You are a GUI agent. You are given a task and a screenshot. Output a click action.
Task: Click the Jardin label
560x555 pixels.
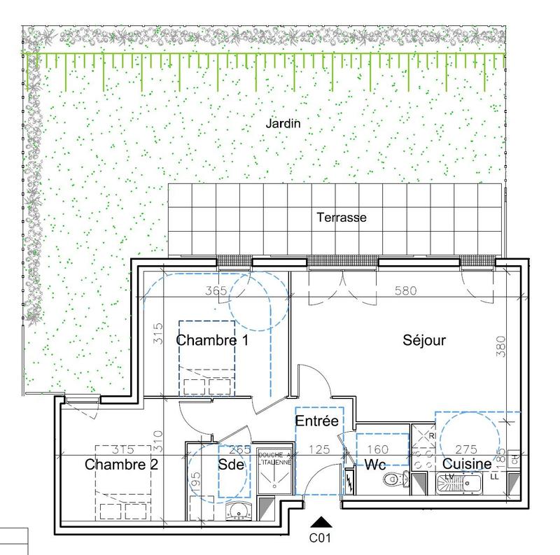coord(283,124)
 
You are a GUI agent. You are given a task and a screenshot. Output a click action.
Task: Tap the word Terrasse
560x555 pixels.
coord(342,218)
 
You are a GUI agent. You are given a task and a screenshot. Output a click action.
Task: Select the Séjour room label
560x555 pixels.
coord(424,341)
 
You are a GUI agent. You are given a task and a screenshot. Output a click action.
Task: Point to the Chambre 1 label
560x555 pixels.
coord(213,341)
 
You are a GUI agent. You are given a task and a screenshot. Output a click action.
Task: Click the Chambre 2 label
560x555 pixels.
coord(122,465)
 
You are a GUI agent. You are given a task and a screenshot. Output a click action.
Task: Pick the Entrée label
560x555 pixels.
coord(317,421)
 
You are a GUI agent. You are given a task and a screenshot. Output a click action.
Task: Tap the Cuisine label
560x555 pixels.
coord(466,464)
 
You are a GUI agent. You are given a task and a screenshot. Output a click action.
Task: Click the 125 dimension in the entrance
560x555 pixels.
coord(319,450)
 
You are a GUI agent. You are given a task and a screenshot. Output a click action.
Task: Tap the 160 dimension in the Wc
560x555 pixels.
coord(378,450)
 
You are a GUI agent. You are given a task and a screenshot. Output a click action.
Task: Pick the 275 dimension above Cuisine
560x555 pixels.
coord(466,450)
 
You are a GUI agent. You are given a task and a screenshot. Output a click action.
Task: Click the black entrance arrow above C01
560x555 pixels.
coord(321,522)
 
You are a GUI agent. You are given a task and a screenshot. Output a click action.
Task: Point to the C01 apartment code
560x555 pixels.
coord(320,538)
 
